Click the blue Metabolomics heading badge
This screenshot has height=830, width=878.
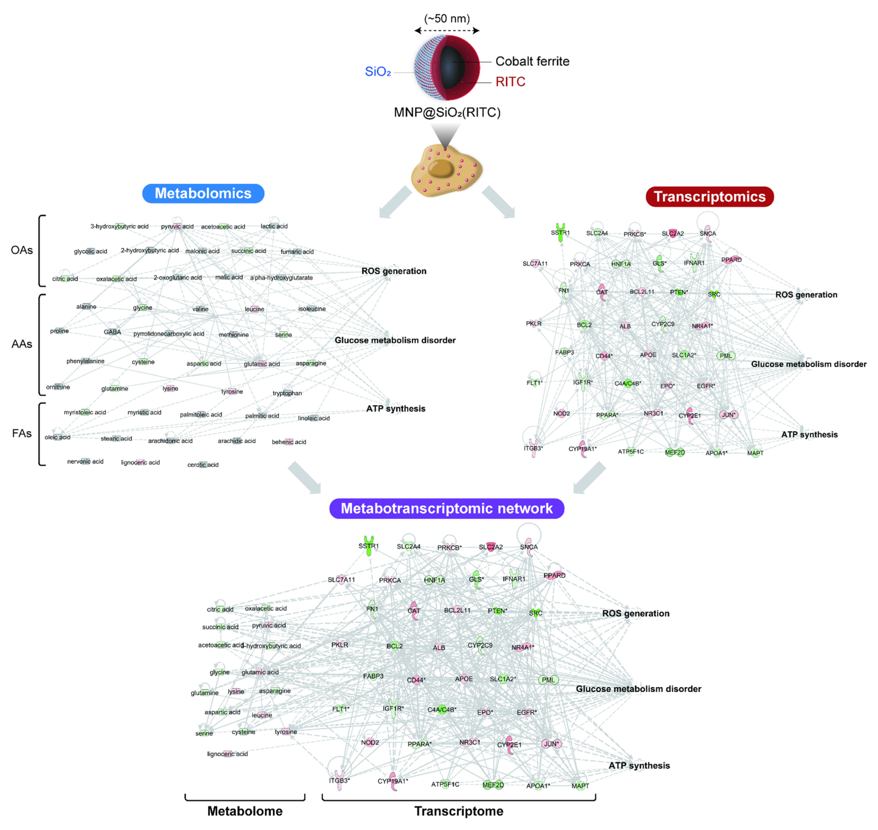coord(203,193)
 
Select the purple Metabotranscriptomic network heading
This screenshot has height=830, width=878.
coord(446,508)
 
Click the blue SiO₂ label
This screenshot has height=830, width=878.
coord(378,72)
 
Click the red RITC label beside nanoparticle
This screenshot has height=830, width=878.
coord(510,82)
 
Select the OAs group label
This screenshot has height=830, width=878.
coord(22,250)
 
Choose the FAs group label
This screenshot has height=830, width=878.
coord(22,434)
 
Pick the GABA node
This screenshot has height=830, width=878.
coord(112,332)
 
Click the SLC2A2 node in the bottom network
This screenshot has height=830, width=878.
coord(490,547)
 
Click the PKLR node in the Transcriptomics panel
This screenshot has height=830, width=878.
coord(534,323)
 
